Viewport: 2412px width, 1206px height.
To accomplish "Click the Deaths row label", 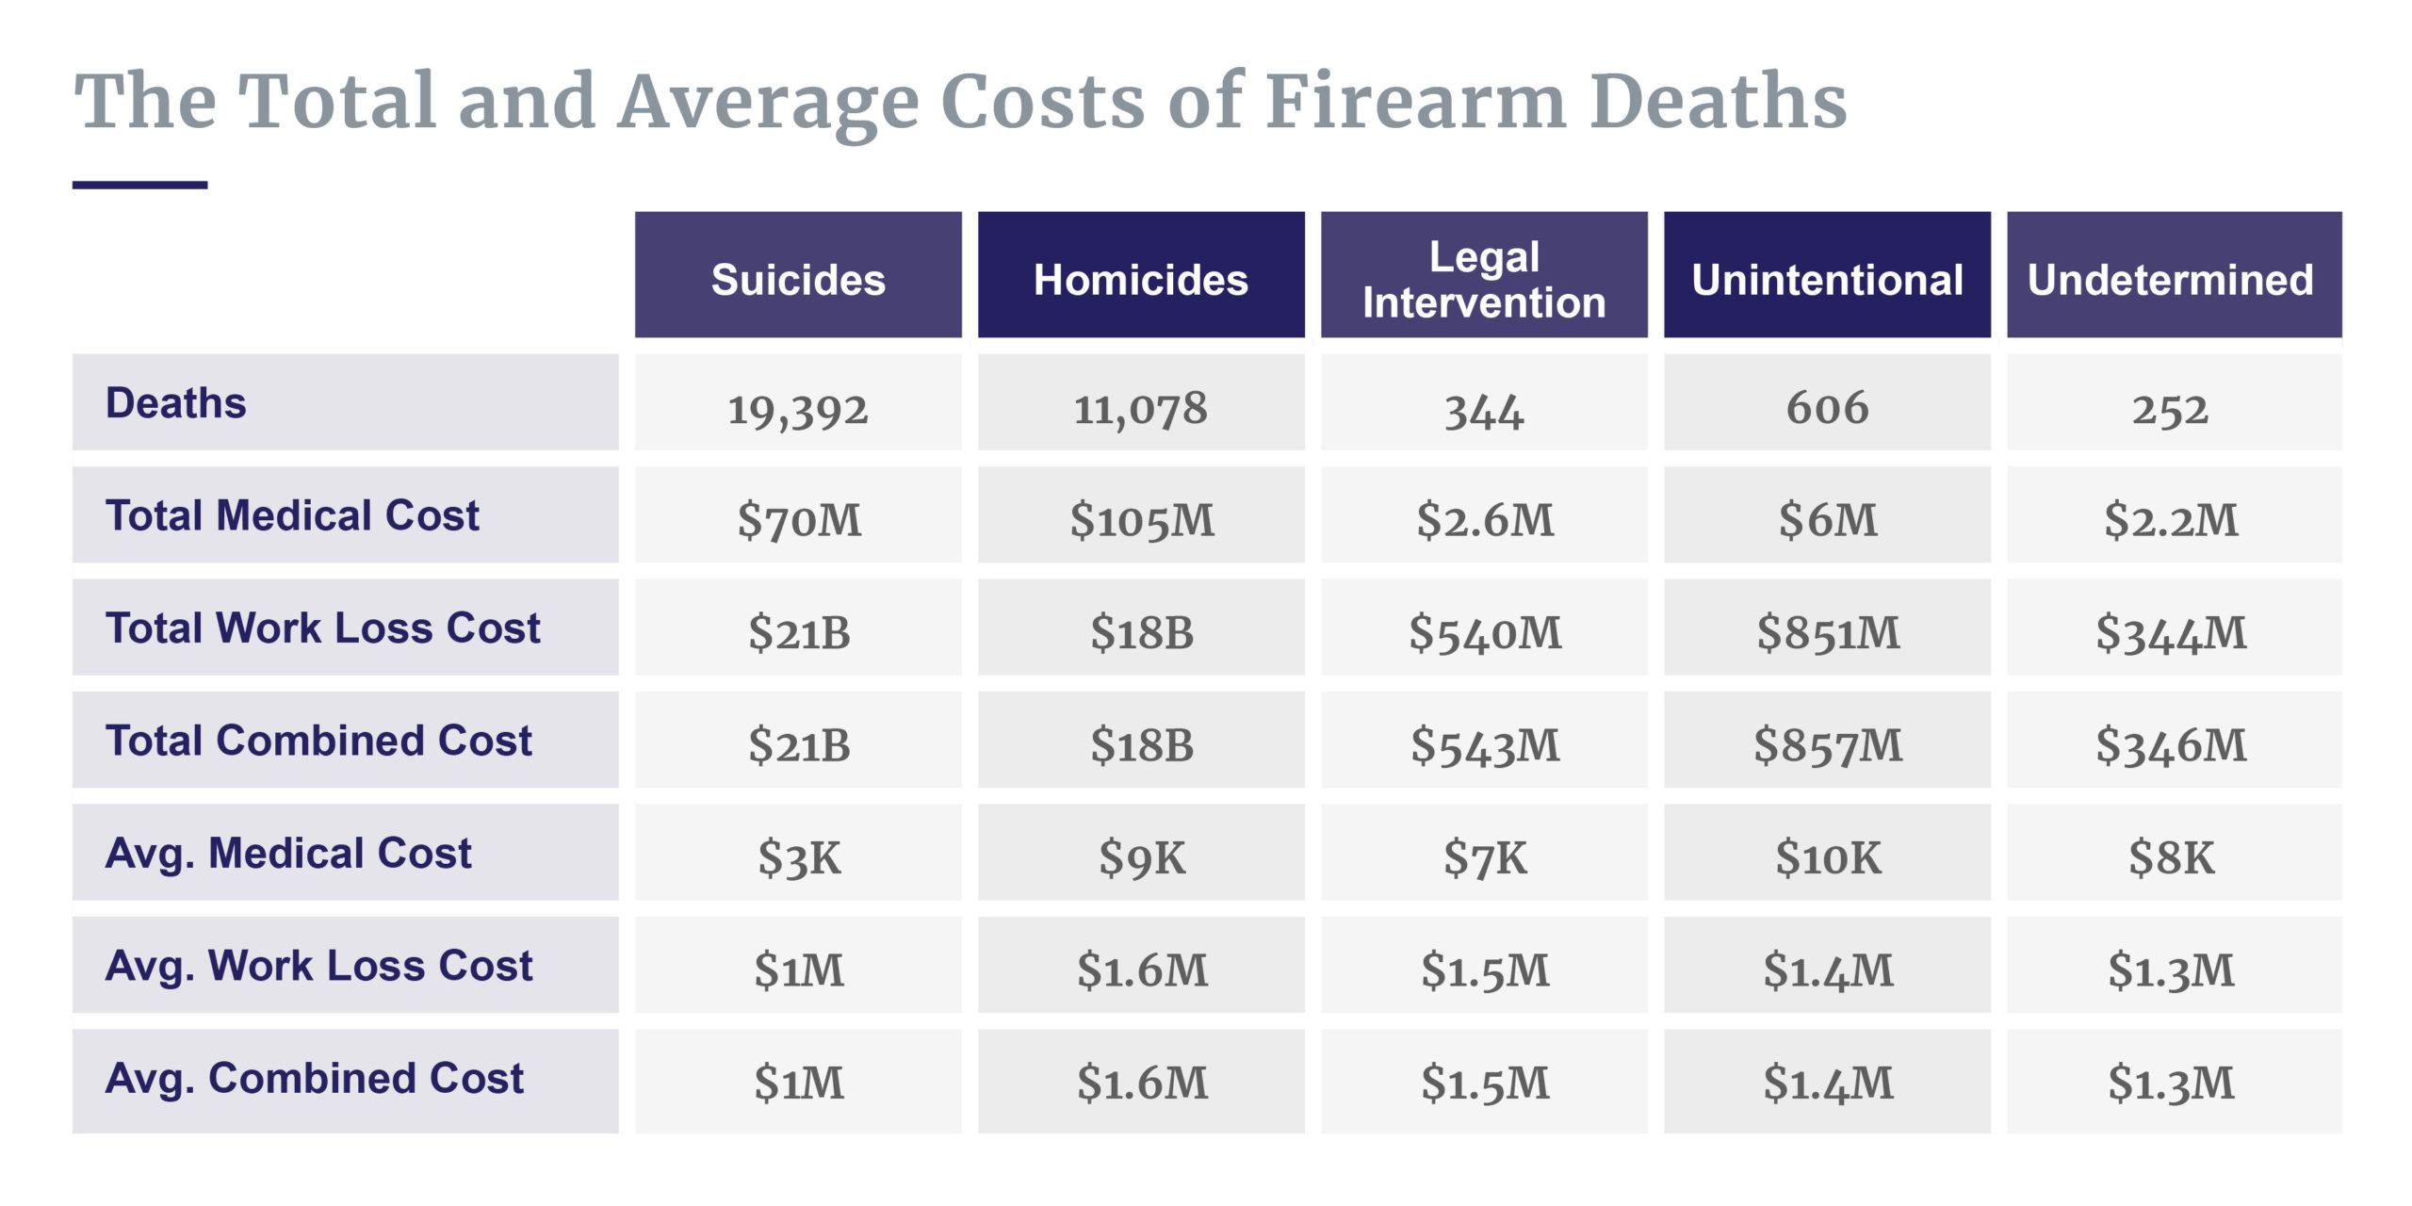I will pyautogui.click(x=176, y=403).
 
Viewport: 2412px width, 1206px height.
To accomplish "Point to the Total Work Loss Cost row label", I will pyautogui.click(x=322, y=627).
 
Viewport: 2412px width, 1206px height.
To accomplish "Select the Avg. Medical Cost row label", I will pyautogui.click(x=288, y=853).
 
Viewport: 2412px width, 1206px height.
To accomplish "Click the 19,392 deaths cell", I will pyautogui.click(x=797, y=409).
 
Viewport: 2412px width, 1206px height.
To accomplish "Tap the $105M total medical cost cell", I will pyautogui.click(x=1141, y=519).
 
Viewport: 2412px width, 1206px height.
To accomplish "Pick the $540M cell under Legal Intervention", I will pyautogui.click(x=1484, y=631).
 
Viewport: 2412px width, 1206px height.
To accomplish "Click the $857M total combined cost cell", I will pyautogui.click(x=1827, y=744).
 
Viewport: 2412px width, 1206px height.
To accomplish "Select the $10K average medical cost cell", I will pyautogui.click(x=1827, y=856).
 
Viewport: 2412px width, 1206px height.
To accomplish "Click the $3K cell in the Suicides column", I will pyautogui.click(x=798, y=856).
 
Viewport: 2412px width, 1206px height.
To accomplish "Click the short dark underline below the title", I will pyautogui.click(x=139, y=185).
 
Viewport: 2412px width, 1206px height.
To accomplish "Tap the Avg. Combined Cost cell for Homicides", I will pyautogui.click(x=1141, y=1082).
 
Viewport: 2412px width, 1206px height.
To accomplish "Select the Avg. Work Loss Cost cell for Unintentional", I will pyautogui.click(x=1827, y=969).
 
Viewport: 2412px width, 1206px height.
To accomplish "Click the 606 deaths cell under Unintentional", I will pyautogui.click(x=1827, y=407).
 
